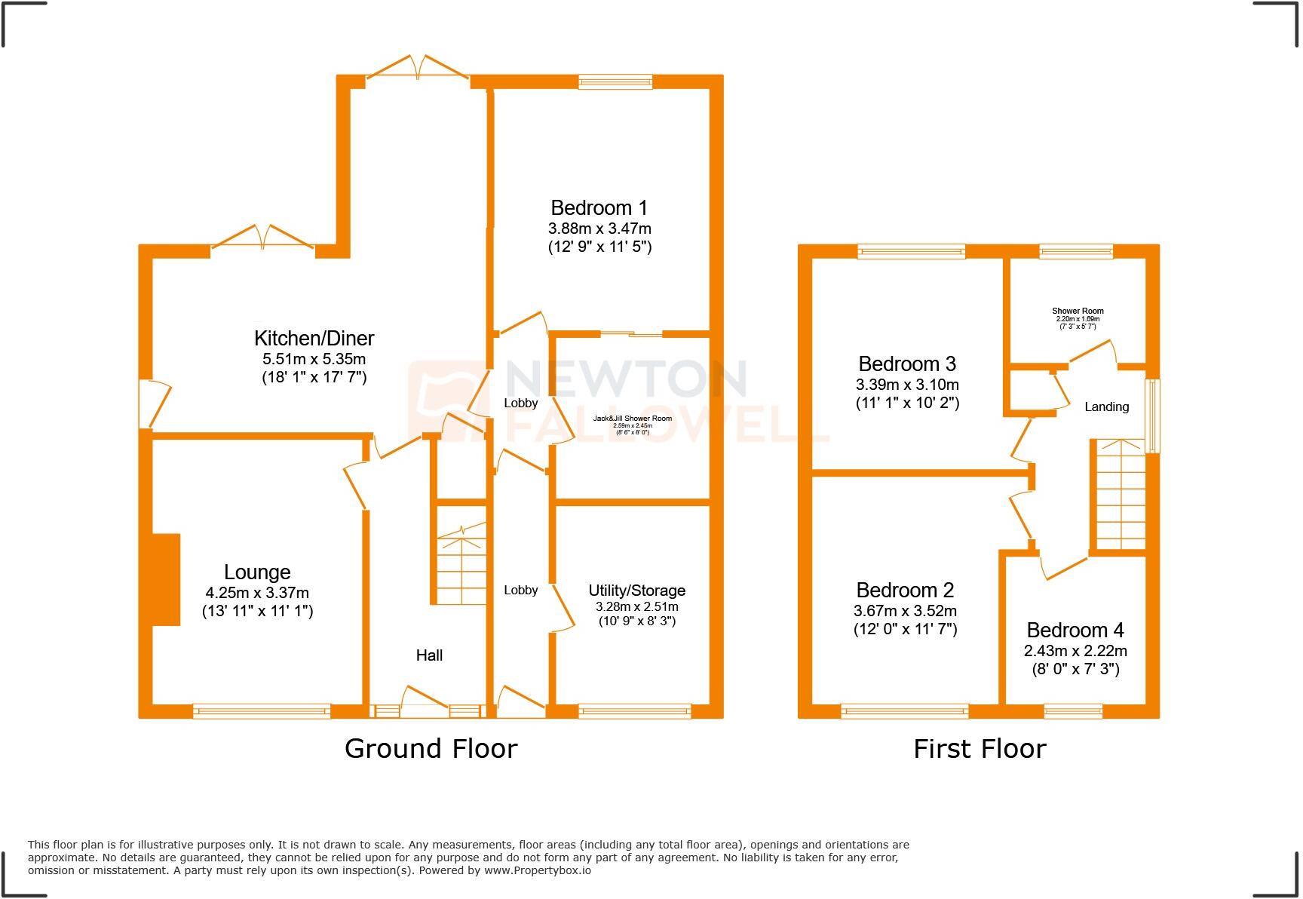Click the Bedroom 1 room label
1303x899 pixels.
pos(599,207)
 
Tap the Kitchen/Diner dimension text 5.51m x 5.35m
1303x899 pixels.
pos(314,359)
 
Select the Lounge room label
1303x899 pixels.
pos(257,572)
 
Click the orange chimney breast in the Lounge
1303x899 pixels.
pos(166,579)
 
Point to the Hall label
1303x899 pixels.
pos(429,655)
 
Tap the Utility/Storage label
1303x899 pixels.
pos(636,591)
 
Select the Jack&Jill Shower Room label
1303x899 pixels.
pos(632,419)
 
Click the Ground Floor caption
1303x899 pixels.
pos(431,749)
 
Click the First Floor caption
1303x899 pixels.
pos(980,749)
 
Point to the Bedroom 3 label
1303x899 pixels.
pos(907,364)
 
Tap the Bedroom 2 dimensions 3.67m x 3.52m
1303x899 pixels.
pos(905,611)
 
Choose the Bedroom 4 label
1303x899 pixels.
pos(1075,630)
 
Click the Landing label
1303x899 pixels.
pos(1106,407)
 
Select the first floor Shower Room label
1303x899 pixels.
pos(1078,311)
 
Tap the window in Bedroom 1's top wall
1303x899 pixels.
pos(615,82)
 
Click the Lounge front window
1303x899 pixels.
pos(262,710)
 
